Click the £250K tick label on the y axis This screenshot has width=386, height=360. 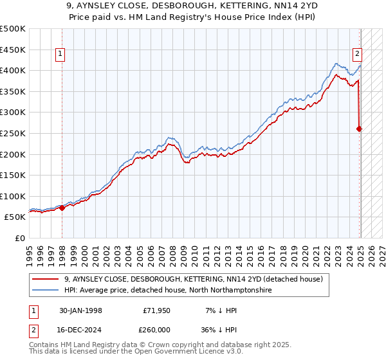pyautogui.click(x=13, y=133)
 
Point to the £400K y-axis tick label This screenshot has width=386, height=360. pyautogui.click(x=13, y=70)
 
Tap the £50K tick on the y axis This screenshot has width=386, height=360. pyautogui.click(x=15, y=217)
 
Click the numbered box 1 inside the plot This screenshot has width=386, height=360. pyautogui.click(x=60, y=55)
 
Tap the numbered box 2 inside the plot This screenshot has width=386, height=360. pyautogui.click(x=356, y=55)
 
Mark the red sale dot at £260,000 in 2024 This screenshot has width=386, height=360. pyautogui.click(x=360, y=129)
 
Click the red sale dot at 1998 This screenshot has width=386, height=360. pyautogui.click(x=62, y=208)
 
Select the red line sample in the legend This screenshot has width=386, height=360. pyautogui.click(x=46, y=279)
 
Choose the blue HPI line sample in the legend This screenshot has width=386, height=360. pyautogui.click(x=46, y=290)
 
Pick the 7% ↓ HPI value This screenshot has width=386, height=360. pyautogui.click(x=220, y=310)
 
